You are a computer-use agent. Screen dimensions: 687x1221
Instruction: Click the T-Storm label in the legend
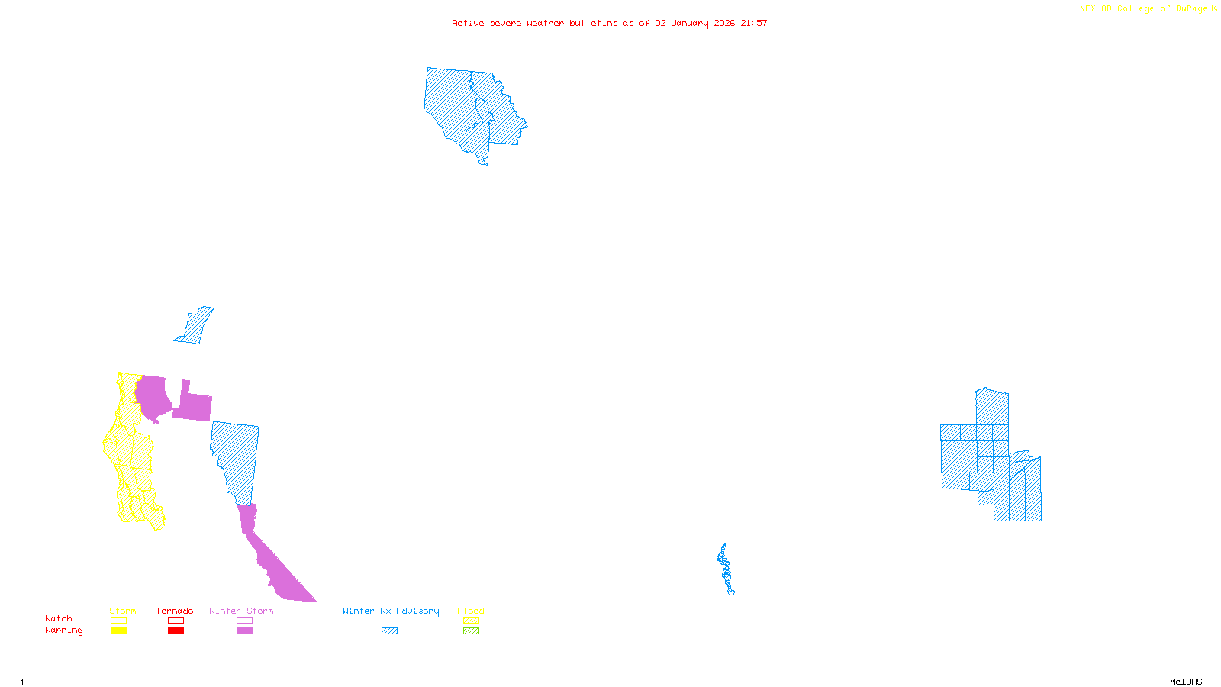[118, 611]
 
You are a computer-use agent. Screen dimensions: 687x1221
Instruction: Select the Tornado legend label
[175, 611]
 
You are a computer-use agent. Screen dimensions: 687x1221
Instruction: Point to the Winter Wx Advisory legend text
[391, 611]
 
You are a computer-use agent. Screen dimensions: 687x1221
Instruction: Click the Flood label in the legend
[471, 611]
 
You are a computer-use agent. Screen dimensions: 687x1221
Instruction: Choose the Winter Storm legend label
[241, 611]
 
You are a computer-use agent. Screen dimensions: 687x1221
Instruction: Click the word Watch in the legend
[59, 618]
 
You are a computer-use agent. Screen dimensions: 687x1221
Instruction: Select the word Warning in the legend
[63, 631]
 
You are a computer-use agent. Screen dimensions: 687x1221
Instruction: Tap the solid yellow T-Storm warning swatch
[118, 631]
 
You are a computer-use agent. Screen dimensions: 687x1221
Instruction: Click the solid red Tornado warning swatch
[176, 631]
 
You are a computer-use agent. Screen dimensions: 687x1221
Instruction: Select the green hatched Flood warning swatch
[472, 631]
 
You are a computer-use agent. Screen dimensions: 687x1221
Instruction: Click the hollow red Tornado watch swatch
[176, 621]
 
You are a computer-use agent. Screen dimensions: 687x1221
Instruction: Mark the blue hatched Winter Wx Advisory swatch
[389, 631]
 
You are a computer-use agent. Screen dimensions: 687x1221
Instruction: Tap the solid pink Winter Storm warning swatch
[244, 631]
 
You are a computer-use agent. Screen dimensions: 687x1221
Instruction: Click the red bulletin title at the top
[609, 23]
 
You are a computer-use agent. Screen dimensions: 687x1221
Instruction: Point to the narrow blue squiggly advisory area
[726, 569]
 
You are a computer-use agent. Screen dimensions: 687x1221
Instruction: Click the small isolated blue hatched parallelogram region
[195, 326]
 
